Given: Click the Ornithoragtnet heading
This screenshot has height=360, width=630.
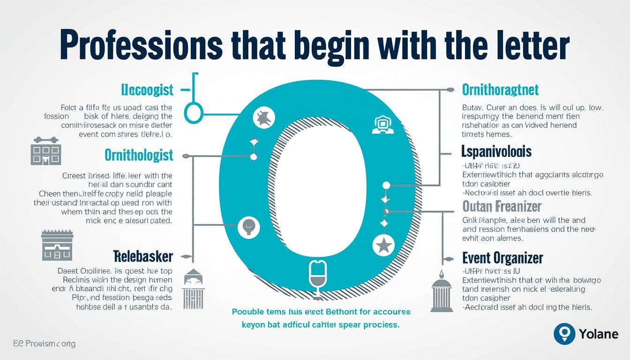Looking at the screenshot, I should point(500,90).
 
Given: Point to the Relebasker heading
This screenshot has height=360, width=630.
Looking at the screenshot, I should point(143,256).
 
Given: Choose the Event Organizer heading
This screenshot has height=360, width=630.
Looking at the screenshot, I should point(502,258).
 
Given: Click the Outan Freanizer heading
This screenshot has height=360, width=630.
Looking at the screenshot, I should point(502,206).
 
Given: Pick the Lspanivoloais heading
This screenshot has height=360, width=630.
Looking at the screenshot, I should point(496,151).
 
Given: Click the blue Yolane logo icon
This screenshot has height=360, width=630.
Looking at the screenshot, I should point(564,334).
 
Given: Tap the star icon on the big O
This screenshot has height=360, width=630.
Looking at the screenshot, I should point(383,245).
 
